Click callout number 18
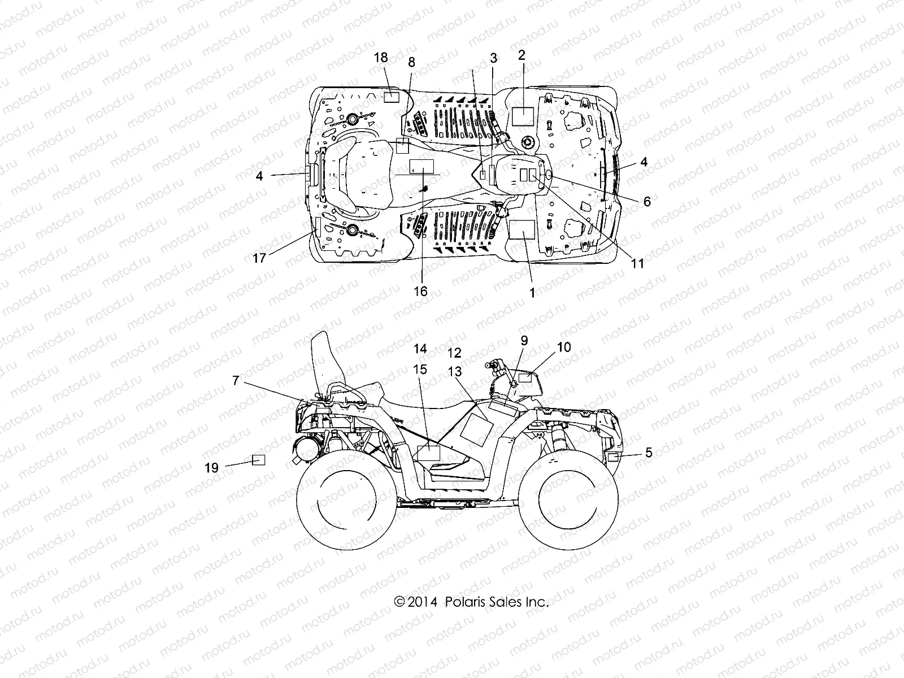point(381,57)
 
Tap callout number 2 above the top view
point(521,55)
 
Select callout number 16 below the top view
point(420,291)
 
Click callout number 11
point(637,263)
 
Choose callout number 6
point(647,202)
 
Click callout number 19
point(211,467)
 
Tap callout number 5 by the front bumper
point(649,452)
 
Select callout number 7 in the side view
point(236,381)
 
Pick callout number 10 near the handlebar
point(563,347)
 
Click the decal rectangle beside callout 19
point(258,459)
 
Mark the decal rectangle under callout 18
point(392,97)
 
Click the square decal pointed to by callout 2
point(523,116)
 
